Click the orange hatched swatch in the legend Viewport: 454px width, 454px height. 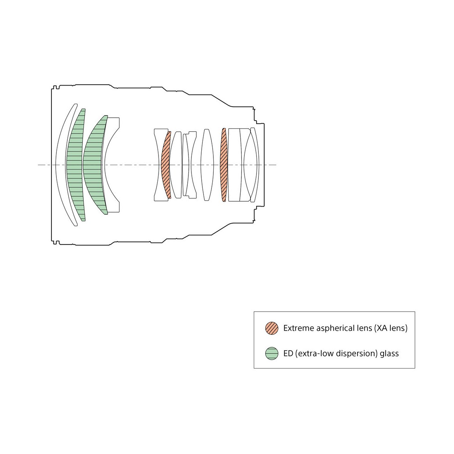pyautogui.click(x=272, y=328)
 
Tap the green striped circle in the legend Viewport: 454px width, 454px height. pyautogui.click(x=272, y=353)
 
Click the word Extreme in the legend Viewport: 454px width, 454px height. pyautogui.click(x=299, y=328)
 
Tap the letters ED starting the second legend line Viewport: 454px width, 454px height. pyautogui.click(x=288, y=353)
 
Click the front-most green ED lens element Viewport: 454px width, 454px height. pyautogui.click(x=75, y=165)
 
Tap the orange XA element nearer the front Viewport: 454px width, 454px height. pyautogui.click(x=165, y=165)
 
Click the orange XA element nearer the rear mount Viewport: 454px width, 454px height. pyautogui.click(x=224, y=165)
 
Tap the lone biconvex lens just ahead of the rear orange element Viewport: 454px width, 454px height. pyautogui.click(x=207, y=165)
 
